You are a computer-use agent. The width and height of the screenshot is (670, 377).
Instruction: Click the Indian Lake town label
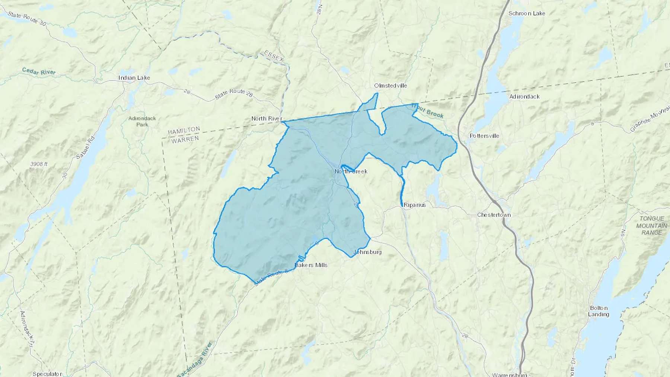134,78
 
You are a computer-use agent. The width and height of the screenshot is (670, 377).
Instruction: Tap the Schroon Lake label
527,13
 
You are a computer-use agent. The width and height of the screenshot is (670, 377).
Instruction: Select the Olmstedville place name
390,86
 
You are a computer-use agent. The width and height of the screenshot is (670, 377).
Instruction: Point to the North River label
267,119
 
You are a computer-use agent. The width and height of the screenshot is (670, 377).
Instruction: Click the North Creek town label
351,171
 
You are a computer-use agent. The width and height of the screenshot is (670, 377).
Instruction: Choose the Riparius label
415,205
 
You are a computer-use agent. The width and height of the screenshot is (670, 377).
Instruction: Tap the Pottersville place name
484,136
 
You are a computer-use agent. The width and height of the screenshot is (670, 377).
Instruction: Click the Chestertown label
494,215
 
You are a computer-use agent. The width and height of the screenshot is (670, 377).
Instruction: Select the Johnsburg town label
367,252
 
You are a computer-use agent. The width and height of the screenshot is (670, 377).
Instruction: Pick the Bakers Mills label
311,265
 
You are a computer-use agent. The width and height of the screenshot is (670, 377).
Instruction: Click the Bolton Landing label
599,311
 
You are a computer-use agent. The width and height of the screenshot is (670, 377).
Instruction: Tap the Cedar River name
39,71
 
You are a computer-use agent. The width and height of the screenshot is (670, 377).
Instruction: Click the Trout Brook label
428,111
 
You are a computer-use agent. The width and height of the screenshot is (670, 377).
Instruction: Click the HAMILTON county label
184,131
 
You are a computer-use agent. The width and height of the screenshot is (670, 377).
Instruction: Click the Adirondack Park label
142,121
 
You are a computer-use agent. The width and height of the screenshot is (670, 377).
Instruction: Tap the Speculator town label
47,374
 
